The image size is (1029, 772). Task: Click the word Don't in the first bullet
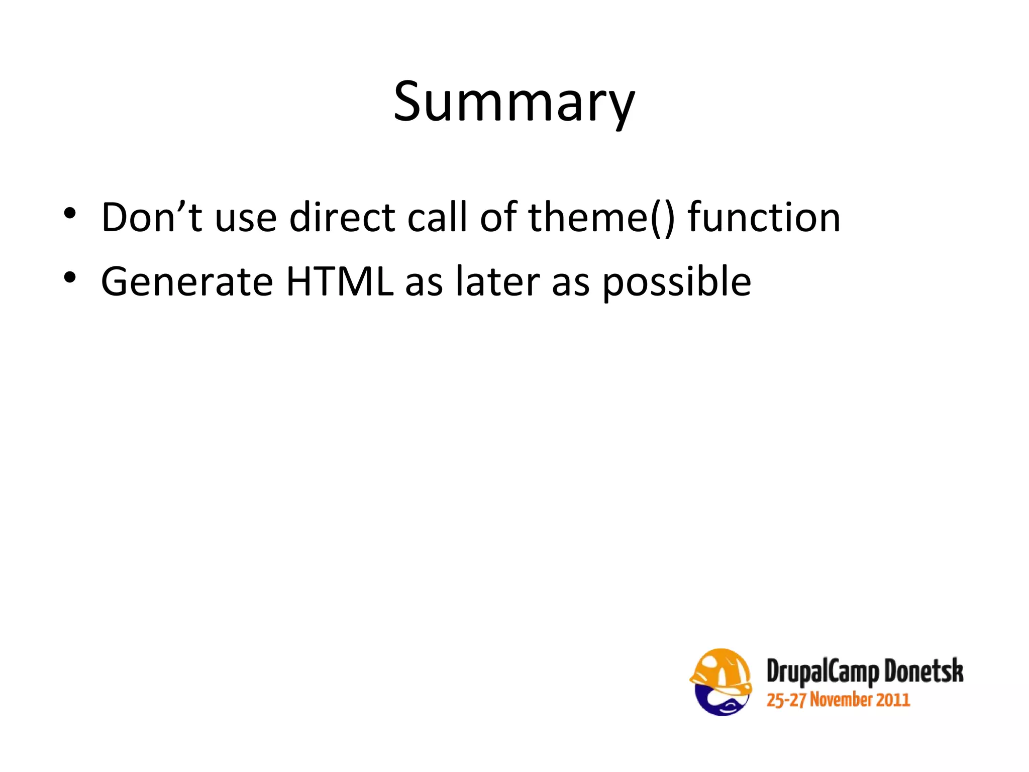coord(151,217)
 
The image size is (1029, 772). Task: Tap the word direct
coord(342,217)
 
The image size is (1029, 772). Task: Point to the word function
coord(764,217)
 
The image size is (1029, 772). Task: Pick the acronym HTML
coord(340,281)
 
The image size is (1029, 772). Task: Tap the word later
coord(497,281)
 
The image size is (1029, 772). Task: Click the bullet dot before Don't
coord(70,214)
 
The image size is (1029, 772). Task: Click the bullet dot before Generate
coord(70,278)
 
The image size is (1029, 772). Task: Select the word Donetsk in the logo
coord(923,671)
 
